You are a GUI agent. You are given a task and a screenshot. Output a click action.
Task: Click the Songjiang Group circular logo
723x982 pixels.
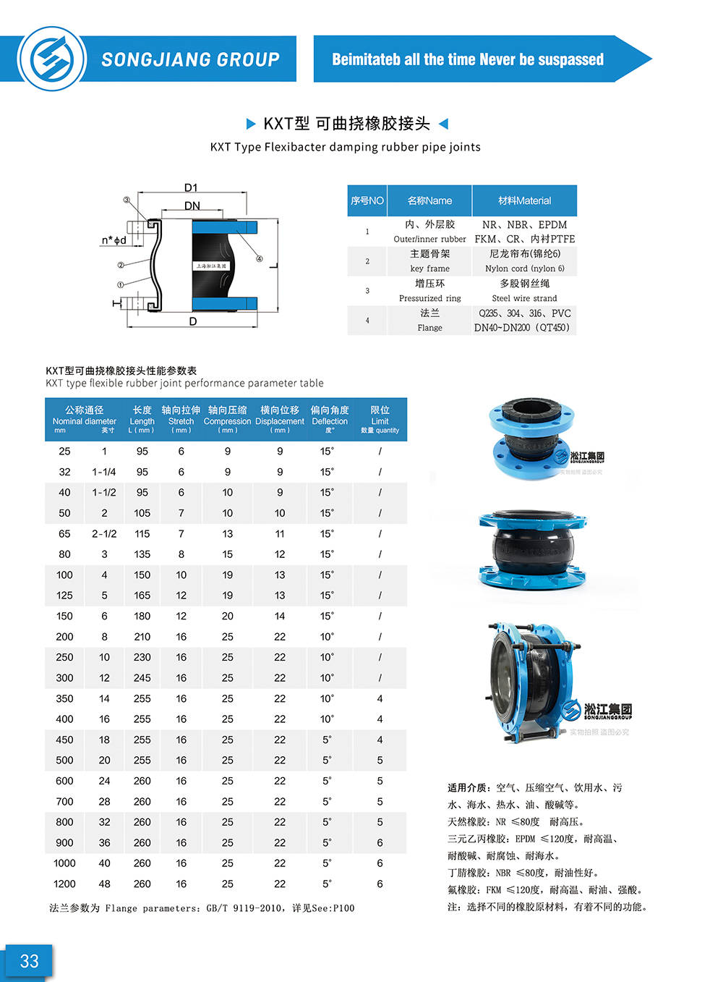tap(52, 59)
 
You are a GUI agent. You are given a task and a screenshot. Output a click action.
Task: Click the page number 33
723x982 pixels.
tap(29, 961)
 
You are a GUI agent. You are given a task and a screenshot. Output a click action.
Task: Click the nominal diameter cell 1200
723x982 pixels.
tap(64, 884)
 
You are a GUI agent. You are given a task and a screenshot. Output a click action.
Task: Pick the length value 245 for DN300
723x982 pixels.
tap(142, 678)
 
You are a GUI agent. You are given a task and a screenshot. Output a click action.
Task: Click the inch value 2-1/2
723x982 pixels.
tap(104, 533)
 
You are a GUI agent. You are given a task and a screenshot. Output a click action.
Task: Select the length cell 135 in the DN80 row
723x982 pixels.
tap(142, 554)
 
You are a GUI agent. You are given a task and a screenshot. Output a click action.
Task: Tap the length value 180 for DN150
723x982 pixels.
tap(142, 616)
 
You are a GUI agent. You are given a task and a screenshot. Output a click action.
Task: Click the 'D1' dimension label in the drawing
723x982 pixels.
tap(191, 187)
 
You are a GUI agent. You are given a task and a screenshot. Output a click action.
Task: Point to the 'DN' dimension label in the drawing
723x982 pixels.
tap(192, 206)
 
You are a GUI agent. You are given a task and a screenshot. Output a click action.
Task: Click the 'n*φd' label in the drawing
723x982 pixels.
tap(114, 240)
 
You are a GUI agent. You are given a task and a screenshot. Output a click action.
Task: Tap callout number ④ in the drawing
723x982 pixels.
tap(259, 258)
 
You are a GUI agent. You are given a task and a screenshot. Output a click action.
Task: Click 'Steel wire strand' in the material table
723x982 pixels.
tap(524, 298)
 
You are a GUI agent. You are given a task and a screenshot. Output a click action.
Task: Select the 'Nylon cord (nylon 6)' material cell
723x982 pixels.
tap(524, 268)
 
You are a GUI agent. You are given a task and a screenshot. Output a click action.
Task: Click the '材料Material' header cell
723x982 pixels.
tap(524, 200)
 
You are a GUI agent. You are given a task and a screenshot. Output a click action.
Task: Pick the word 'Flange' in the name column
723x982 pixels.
tap(429, 328)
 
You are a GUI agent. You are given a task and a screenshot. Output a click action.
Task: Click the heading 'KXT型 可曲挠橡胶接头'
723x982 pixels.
tap(346, 124)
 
